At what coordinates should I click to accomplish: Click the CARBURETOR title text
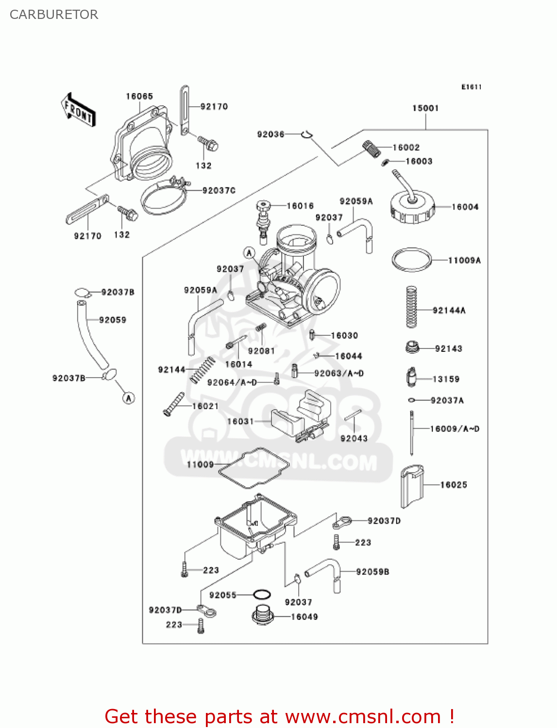pos(54,15)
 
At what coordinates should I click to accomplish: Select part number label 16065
pos(139,96)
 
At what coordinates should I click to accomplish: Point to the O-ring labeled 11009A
pos(412,260)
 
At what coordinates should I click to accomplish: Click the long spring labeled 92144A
pos(412,307)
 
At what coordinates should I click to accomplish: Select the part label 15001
pos(425,108)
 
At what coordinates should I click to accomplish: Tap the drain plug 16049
pos(263,615)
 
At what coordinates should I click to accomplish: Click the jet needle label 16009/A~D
pos(455,429)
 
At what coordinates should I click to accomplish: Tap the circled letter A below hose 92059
pos(128,398)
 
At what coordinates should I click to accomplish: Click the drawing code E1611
pos(471,87)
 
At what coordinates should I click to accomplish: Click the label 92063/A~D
pos(339,373)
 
